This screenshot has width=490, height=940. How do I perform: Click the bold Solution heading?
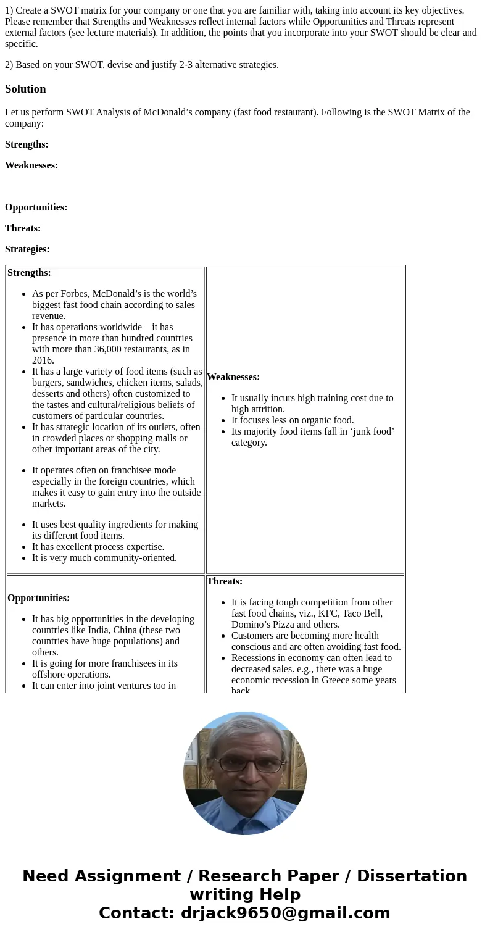(25, 89)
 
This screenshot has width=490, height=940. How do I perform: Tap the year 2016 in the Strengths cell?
(43, 360)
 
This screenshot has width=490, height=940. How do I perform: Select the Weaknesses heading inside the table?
(233, 377)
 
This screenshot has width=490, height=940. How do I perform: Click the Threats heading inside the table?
(225, 581)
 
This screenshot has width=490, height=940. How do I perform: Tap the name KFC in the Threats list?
(328, 613)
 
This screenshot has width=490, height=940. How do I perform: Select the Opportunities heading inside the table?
(38, 598)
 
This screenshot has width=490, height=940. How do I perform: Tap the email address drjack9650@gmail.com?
(286, 913)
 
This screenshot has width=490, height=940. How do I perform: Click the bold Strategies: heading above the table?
(27, 249)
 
